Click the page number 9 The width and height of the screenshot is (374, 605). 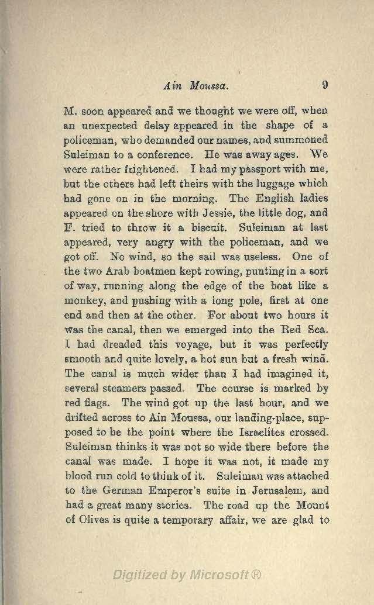(325, 84)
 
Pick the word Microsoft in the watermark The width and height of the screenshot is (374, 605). (219, 575)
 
